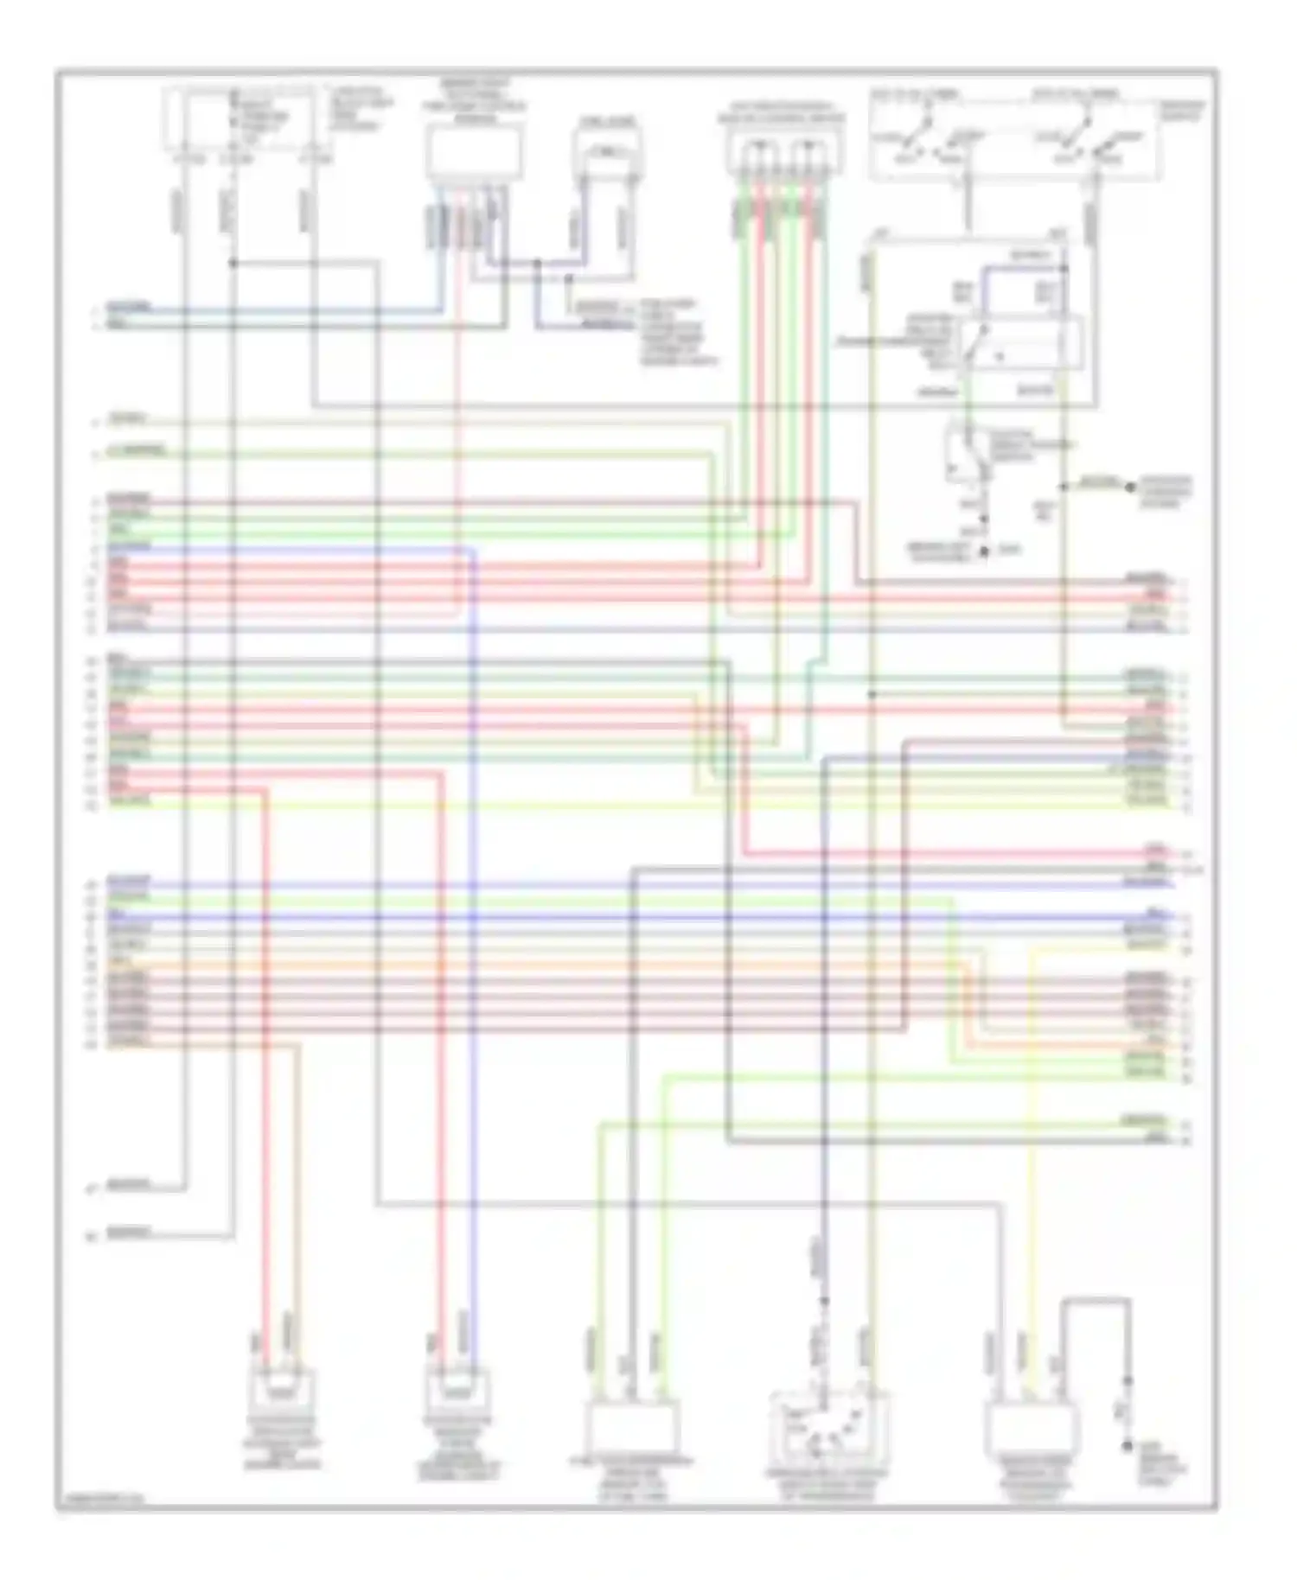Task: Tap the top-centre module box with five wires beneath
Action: click(x=474, y=152)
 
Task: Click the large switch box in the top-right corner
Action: click(x=1013, y=136)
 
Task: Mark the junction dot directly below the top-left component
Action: click(x=233, y=262)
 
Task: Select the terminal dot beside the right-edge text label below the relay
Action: click(x=1129, y=487)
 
